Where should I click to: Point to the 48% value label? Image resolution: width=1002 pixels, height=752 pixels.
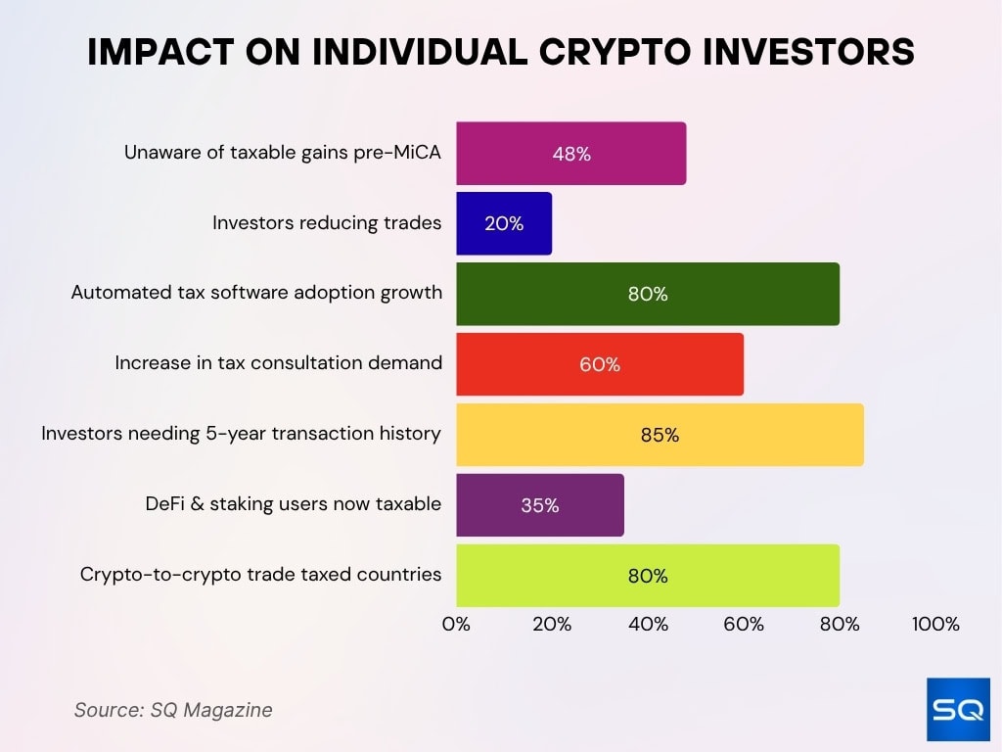[x=571, y=154]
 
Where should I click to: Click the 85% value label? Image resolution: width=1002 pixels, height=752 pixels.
[x=660, y=436]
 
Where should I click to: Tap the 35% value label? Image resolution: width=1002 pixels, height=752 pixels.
[x=539, y=506]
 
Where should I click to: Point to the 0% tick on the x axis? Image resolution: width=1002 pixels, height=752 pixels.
[x=456, y=625]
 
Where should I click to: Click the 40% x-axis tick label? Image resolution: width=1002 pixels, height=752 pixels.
[x=648, y=625]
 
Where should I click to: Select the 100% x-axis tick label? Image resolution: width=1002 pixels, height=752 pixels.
[x=935, y=625]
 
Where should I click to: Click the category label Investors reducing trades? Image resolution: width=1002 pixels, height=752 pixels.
[x=327, y=223]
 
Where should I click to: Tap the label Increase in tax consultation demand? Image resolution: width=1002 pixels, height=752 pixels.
[x=278, y=363]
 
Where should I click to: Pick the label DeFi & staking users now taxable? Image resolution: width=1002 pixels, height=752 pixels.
[x=292, y=504]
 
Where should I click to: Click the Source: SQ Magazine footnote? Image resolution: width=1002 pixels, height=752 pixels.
[x=173, y=710]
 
